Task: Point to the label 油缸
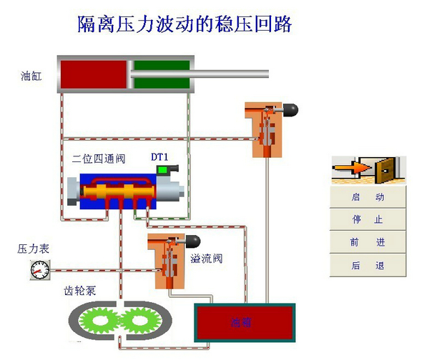pyautogui.click(x=31, y=74)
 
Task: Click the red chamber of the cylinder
pyautogui.click(x=93, y=73)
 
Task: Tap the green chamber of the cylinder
pyautogui.click(x=162, y=73)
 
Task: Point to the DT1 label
pyautogui.click(x=159, y=156)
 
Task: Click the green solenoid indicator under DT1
pyautogui.click(x=164, y=170)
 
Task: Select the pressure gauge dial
pyautogui.click(x=40, y=270)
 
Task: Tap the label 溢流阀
pyautogui.click(x=206, y=258)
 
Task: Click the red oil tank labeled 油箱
pyautogui.click(x=245, y=322)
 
